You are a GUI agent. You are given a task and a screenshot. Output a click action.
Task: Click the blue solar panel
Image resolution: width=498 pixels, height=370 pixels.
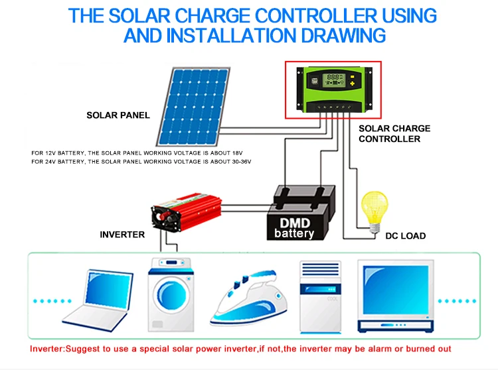pos(193,106)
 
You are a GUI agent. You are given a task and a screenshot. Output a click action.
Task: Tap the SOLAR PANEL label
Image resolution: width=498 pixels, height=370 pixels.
pos(118,115)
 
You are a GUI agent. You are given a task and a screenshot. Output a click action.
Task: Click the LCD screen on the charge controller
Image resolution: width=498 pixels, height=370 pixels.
pos(334,80)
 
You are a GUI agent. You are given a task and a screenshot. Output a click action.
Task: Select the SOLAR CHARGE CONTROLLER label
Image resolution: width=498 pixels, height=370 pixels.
pos(394,133)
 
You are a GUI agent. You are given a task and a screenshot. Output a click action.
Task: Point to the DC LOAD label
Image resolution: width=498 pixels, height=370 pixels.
pos(405,236)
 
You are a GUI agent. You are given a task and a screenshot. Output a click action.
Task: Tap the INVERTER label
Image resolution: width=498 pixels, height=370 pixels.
pos(122,235)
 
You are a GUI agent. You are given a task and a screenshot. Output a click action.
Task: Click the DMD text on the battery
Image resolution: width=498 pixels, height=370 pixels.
pos(295,223)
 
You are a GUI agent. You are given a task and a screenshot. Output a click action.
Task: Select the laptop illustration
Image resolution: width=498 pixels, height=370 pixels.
pos(98,300)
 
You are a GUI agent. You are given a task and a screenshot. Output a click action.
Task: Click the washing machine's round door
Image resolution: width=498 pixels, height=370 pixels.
pos(171,295)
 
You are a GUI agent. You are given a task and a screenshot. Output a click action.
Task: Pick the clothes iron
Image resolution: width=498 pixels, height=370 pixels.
pos(249,298)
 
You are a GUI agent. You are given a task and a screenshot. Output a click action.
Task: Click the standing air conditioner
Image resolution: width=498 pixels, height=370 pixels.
pos(321,297)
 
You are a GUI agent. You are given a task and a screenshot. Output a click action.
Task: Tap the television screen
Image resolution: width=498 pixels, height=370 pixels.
pos(396,290)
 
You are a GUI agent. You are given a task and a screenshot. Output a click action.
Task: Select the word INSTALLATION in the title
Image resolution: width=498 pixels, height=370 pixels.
pos(231,35)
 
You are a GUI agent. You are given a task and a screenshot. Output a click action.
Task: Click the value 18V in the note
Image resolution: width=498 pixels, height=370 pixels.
pos(236,153)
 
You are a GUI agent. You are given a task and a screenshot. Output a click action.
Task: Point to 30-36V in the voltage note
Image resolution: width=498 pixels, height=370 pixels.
pos(242,162)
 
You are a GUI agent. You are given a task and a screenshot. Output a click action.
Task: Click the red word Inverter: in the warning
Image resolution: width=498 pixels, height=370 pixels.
pos(47,349)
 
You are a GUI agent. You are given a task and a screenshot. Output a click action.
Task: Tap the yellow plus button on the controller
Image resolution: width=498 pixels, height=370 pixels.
pos(352,84)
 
